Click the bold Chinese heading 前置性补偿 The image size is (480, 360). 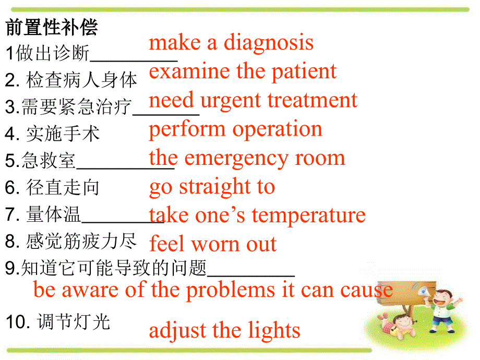[x=52, y=28]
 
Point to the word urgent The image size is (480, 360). [x=231, y=101]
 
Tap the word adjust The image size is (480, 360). [x=178, y=331]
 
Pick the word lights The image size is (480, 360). [x=270, y=331]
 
